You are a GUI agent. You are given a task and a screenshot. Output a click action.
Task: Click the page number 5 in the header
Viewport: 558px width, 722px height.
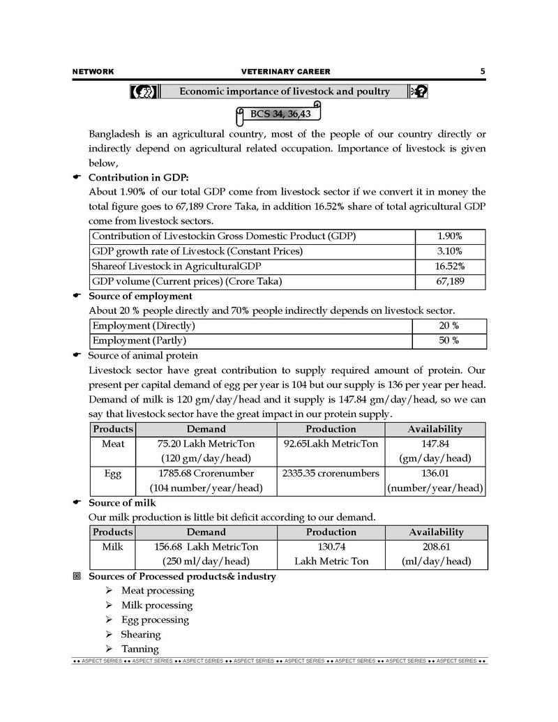483,71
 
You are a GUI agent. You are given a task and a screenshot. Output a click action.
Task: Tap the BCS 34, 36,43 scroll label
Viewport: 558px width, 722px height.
280,113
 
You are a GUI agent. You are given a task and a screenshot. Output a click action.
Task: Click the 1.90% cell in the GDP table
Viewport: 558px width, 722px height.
450,236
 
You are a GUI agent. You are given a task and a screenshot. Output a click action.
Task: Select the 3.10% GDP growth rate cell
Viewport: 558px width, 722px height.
450,251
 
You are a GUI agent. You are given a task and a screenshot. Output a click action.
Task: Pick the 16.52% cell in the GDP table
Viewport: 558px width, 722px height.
450,266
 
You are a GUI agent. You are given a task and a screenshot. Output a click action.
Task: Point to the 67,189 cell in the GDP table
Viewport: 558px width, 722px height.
450,281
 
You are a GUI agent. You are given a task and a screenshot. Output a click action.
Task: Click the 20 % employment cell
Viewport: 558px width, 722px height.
448,326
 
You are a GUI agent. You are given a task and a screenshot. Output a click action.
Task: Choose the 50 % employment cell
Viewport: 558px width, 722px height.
448,340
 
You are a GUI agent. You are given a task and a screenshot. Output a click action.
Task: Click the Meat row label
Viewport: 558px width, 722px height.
113,444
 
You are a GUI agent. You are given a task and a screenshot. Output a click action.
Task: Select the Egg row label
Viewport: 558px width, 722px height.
113,474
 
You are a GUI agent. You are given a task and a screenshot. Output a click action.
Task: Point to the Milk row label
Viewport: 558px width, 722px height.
113,547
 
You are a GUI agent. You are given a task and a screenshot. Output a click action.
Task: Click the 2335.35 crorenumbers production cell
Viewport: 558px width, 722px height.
331,474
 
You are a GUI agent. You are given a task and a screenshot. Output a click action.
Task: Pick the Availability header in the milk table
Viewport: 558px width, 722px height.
436,532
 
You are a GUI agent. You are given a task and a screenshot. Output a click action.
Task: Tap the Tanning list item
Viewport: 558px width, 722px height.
140,649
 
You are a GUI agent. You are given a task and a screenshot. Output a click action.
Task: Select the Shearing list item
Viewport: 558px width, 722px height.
141,634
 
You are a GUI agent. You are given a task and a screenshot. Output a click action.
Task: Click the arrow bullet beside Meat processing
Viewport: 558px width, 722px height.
109,591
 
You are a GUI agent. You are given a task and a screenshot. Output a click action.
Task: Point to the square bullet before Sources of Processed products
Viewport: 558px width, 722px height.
77,577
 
